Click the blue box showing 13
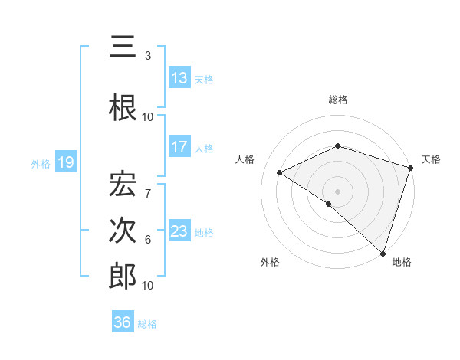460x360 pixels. [x=179, y=78]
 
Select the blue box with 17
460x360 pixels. [x=179, y=147]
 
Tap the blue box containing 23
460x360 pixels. [x=179, y=231]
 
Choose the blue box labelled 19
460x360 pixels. [x=66, y=162]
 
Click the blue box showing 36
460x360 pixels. [x=123, y=322]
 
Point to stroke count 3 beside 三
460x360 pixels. [x=147, y=56]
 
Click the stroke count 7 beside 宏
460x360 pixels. [x=147, y=185]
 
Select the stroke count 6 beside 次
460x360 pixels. [x=147, y=240]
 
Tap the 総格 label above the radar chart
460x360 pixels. [x=337, y=100]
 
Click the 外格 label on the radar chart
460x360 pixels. [x=269, y=262]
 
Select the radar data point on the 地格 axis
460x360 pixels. [x=382, y=252]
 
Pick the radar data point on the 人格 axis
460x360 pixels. [x=280, y=172]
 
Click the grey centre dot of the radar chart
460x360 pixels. [x=337, y=191]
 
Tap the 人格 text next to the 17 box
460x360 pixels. [x=204, y=149]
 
